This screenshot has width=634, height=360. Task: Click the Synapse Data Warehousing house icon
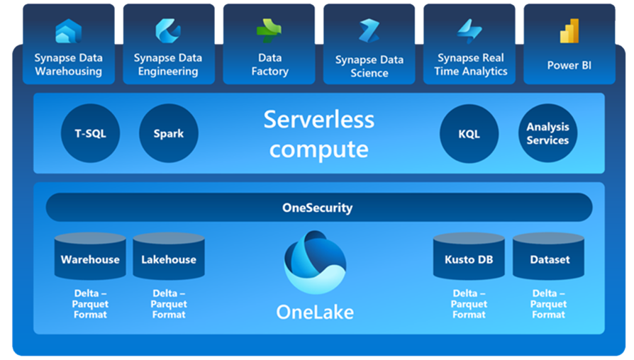68,30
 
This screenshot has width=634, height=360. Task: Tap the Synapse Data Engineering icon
168,30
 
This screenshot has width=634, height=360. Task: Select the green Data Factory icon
269,30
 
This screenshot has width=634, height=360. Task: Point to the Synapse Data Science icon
369,30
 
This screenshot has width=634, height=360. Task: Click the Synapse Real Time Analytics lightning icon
469,31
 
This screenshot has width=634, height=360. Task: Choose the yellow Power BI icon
569,30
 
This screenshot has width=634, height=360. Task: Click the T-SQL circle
90,133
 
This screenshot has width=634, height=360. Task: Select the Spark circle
169,133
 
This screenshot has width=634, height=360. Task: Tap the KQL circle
469,134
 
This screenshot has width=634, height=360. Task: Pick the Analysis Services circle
548,133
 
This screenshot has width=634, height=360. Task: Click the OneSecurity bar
319,207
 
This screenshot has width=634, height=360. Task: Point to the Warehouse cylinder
90,256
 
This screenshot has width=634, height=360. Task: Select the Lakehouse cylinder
169,256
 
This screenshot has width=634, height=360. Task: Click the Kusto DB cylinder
469,256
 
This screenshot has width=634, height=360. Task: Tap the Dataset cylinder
549,256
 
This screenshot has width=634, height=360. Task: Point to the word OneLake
315,313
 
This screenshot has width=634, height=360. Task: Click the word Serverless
319,120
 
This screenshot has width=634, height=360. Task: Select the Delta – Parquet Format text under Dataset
549,304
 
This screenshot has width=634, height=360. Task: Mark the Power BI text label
569,65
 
